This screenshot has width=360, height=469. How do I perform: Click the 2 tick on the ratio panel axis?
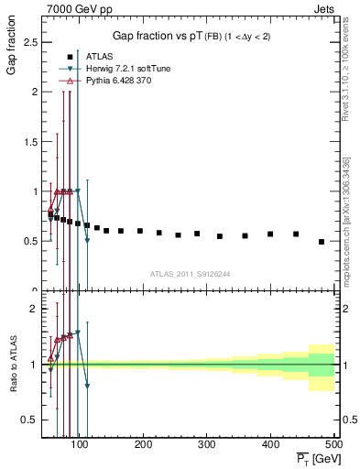click(33, 309)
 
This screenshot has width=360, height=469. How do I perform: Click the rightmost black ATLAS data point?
click(322, 242)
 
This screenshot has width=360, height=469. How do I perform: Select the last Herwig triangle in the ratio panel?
click(87, 386)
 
